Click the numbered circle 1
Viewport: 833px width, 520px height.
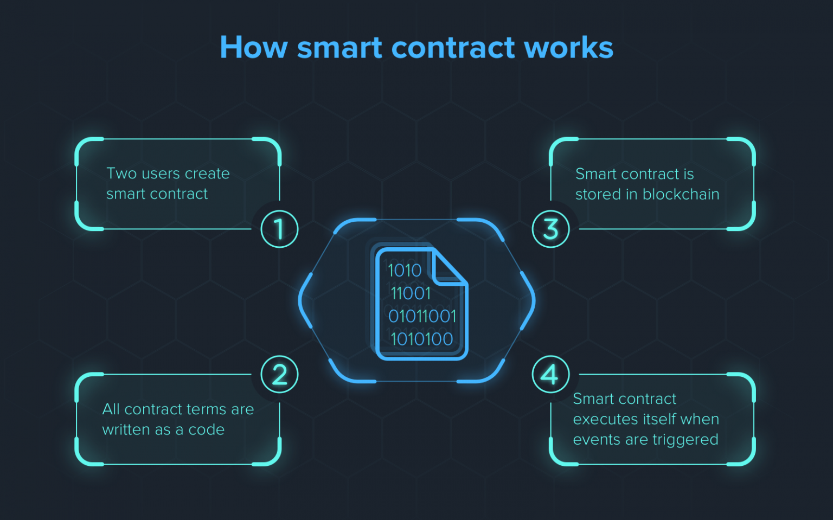click(279, 229)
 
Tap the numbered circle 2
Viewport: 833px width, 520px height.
click(279, 374)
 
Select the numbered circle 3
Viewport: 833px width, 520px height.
click(551, 229)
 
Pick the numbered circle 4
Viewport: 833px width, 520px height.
click(551, 374)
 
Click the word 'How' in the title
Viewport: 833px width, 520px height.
click(254, 47)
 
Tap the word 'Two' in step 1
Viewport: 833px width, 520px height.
click(121, 174)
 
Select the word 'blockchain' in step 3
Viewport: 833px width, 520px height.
click(681, 194)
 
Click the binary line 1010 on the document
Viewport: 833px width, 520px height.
click(405, 270)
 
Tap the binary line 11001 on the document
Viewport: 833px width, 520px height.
click(411, 294)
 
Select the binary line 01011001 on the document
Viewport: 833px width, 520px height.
click(422, 316)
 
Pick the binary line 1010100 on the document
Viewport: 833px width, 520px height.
click(422, 339)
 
